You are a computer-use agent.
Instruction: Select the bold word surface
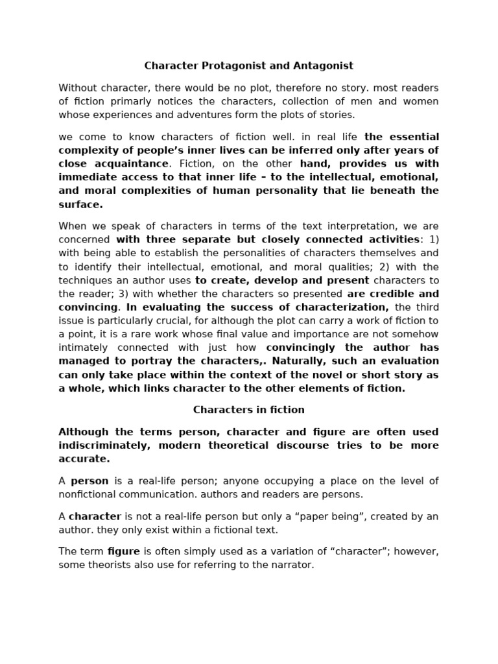click(x=80, y=204)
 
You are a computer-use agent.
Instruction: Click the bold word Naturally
click(x=303, y=361)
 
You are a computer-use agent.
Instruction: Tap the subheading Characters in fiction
click(x=248, y=410)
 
